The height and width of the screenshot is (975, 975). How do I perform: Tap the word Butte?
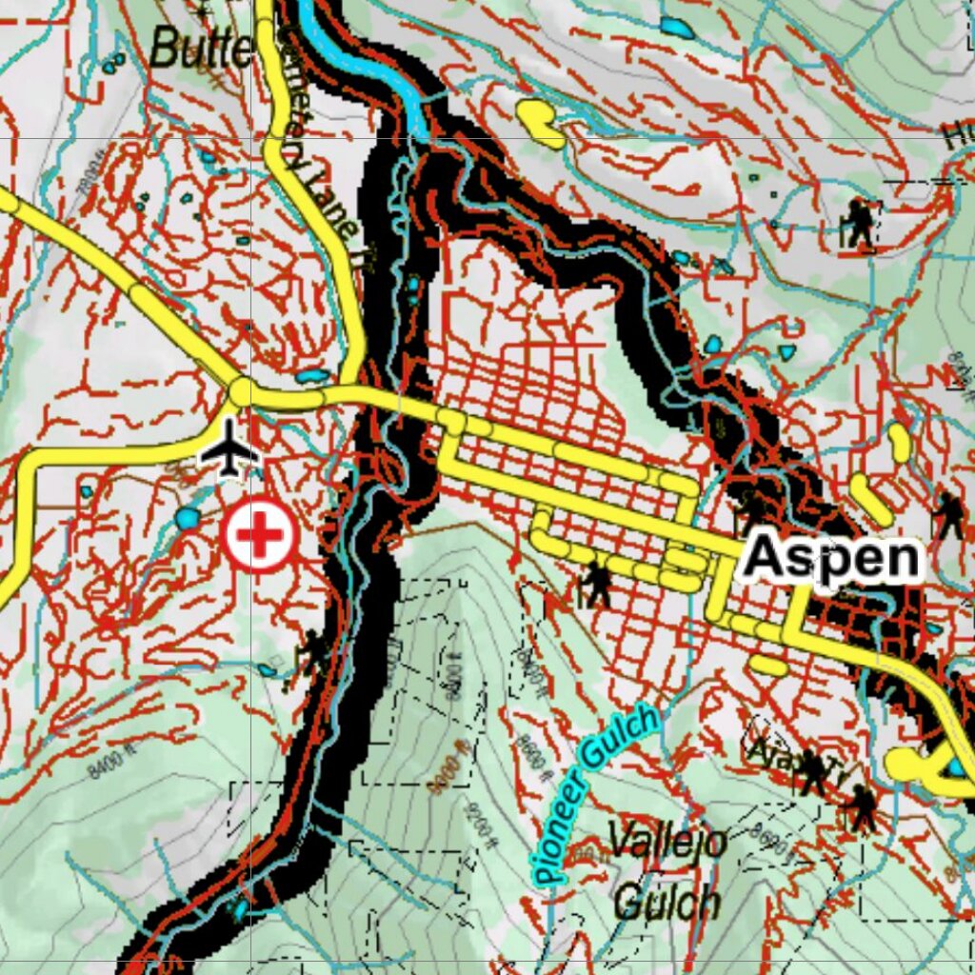pos(201,48)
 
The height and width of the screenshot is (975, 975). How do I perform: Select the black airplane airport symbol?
pos(229,448)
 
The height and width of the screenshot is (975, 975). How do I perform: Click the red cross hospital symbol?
pos(259,536)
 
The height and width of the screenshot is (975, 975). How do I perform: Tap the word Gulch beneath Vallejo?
pos(667,900)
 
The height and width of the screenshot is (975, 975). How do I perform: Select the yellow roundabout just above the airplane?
pos(242,391)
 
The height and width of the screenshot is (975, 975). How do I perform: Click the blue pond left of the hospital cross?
pos(188,519)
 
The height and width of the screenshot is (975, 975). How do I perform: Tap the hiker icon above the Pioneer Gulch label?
pos(597,584)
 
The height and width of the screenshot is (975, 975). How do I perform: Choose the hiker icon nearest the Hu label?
pos(860,225)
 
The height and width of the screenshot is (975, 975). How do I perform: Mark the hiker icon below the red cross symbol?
pos(312,651)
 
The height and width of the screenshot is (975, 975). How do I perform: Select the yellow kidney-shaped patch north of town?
pos(541,123)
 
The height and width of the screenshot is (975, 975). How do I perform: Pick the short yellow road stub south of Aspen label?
pos(767,665)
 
